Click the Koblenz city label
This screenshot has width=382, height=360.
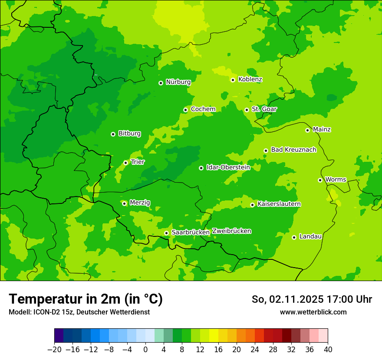pos(250,79)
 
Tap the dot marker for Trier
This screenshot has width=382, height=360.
pos(125,163)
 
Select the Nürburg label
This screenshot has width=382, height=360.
pos(178,82)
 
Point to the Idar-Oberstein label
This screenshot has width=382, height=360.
pos(228,167)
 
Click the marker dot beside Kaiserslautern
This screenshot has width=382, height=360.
pos(252,205)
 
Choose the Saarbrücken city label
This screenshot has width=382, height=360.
pos(191,232)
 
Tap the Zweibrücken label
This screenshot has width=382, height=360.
pos(232,231)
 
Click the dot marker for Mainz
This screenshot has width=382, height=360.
pos(307,130)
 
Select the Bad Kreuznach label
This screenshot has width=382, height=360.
pos(293,150)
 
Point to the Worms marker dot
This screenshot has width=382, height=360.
pos(320,180)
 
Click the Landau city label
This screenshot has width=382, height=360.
pos(310,237)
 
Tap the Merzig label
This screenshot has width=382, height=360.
pos(140,203)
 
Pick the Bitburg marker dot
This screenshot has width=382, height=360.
pos(113,134)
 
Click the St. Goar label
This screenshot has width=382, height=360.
pos(264,109)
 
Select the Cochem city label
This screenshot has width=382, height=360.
pos(203,109)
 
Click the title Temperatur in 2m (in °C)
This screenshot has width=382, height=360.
pos(86,299)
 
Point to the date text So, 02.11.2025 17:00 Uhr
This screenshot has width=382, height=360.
pos(312,299)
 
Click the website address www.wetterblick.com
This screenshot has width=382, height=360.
pos(313,312)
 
